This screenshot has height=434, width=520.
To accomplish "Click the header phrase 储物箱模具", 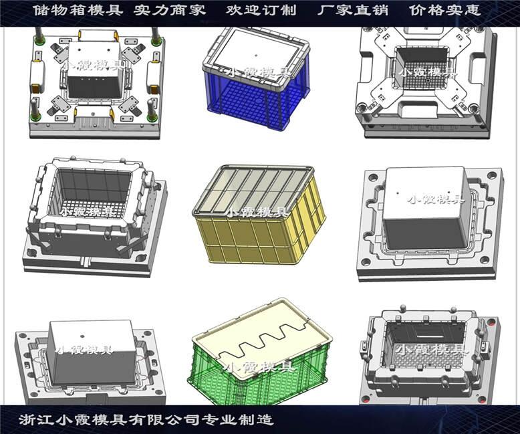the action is point(78,10).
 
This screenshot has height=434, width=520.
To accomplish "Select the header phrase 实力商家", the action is point(170,10).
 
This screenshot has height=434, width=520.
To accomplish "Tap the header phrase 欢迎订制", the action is point(261,10).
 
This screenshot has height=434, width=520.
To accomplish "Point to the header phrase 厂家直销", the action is point(353,10).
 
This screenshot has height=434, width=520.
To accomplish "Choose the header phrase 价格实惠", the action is point(444,10).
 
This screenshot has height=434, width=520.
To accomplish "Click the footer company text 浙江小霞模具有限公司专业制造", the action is point(146,420).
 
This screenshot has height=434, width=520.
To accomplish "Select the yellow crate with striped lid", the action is point(259,215).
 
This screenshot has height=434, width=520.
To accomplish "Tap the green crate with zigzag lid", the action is point(260,352).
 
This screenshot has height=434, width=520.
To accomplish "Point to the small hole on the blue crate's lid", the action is point(256,55).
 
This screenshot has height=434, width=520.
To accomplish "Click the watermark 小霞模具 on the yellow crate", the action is point(257,212).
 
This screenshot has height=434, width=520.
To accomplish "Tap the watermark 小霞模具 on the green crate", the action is point(259,366).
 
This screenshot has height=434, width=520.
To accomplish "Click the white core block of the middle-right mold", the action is point(426,207).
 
